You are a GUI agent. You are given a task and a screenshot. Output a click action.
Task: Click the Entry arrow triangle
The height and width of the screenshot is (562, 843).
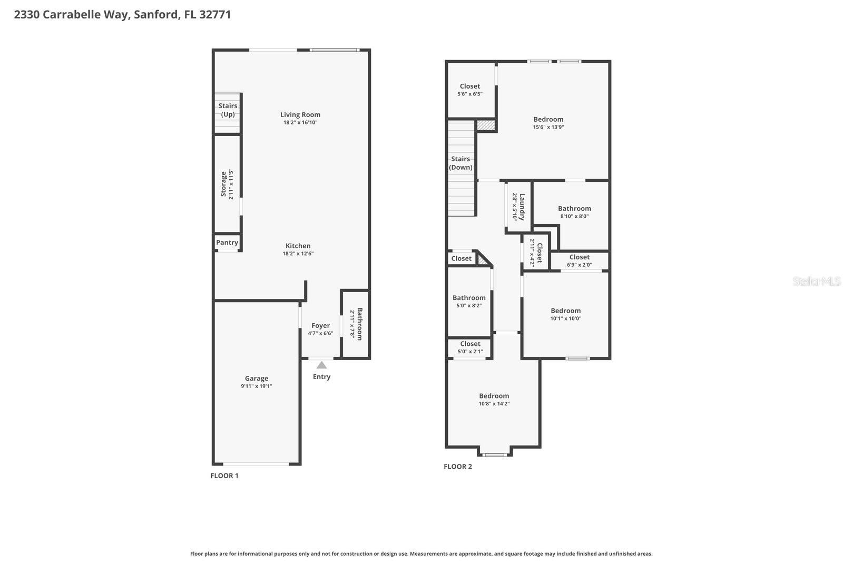(321, 365)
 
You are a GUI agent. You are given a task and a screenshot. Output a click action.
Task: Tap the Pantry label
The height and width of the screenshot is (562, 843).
(227, 243)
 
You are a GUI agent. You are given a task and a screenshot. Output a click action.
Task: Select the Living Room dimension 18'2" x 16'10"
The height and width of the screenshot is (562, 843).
(300, 122)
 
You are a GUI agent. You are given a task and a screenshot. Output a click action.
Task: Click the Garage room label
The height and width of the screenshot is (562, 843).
(257, 379)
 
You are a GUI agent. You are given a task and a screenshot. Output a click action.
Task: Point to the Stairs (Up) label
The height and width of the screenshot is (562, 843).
(228, 110)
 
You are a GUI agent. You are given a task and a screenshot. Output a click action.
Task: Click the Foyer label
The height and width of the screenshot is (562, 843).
(320, 326)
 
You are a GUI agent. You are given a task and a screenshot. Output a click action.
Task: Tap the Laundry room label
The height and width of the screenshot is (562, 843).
(522, 207)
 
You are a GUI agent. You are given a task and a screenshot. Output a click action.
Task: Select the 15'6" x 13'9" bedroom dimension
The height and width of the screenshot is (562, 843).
(548, 127)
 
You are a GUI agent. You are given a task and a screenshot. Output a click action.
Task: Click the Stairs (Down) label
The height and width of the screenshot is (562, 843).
(460, 163)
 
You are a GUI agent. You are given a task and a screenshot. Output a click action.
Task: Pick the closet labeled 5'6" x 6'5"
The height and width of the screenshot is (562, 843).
(469, 90)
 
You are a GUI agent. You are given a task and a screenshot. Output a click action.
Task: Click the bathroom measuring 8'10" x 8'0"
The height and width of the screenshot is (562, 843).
(574, 212)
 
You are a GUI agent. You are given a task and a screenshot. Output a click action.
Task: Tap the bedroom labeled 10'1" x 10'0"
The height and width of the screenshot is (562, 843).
(566, 314)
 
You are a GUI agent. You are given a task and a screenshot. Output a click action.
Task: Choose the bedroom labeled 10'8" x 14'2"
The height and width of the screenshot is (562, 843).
(494, 400)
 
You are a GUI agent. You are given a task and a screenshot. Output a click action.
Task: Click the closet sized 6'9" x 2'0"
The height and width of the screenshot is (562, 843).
(579, 261)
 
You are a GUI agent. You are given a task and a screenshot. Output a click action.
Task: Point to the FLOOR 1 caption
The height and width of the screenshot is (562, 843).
(224, 476)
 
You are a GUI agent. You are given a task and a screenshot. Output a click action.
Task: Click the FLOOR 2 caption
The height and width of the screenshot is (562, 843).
(458, 467)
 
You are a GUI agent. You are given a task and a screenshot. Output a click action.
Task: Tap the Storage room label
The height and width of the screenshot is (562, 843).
(223, 184)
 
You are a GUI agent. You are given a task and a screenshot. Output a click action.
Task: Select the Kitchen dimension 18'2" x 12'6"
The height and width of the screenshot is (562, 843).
(298, 254)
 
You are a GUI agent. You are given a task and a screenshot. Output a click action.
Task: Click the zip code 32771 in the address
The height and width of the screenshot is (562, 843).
(214, 14)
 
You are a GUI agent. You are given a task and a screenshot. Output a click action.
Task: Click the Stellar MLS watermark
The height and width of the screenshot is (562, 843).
(817, 282)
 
